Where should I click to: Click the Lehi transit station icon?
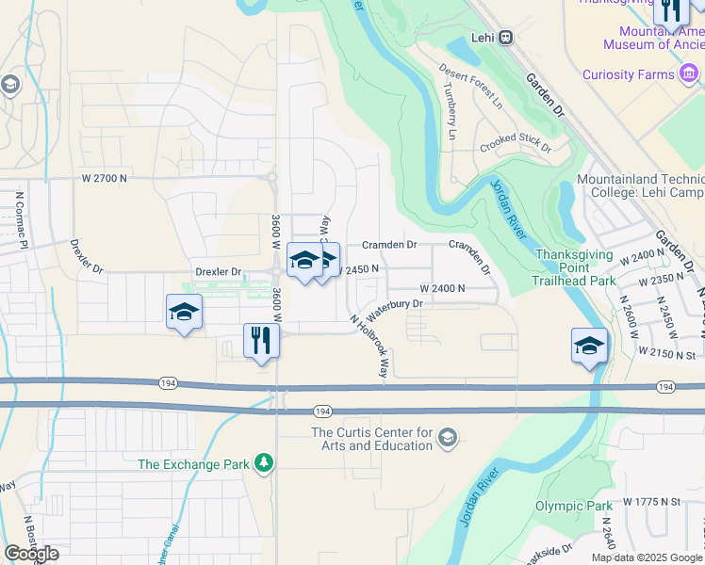tap(506, 37)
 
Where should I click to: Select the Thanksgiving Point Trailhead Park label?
tap(575, 267)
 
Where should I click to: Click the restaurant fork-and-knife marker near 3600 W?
tap(261, 341)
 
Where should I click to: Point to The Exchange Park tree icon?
tap(265, 462)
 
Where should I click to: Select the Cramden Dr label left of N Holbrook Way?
tap(386, 245)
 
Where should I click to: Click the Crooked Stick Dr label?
tap(515, 143)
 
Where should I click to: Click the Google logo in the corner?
tap(31, 553)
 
